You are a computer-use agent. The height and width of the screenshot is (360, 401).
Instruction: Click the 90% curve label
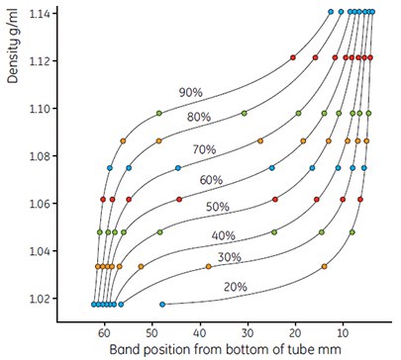coord(190,92)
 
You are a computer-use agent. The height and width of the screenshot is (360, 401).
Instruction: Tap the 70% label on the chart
coord(204,149)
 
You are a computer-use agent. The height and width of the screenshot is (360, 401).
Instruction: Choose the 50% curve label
coord(217,207)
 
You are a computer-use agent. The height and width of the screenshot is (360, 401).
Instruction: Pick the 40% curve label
coord(223,235)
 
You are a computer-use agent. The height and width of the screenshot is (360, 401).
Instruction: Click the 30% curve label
coord(230,257)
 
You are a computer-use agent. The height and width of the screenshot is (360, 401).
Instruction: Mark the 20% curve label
coord(236,286)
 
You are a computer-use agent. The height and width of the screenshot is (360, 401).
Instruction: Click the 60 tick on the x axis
coord(104,333)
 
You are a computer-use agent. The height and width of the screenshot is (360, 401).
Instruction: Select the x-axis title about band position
coord(217,350)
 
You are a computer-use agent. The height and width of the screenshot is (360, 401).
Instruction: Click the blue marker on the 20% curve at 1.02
coord(162,304)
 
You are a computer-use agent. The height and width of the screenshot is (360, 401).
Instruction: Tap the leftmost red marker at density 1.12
coord(293,58)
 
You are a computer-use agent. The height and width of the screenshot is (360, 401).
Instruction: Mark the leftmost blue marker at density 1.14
coord(331,12)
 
